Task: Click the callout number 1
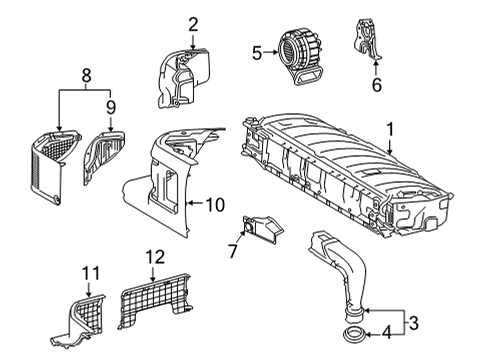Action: click(391, 129)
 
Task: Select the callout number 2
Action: click(193, 24)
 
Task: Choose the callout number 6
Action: click(376, 87)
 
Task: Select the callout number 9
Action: click(111, 105)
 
